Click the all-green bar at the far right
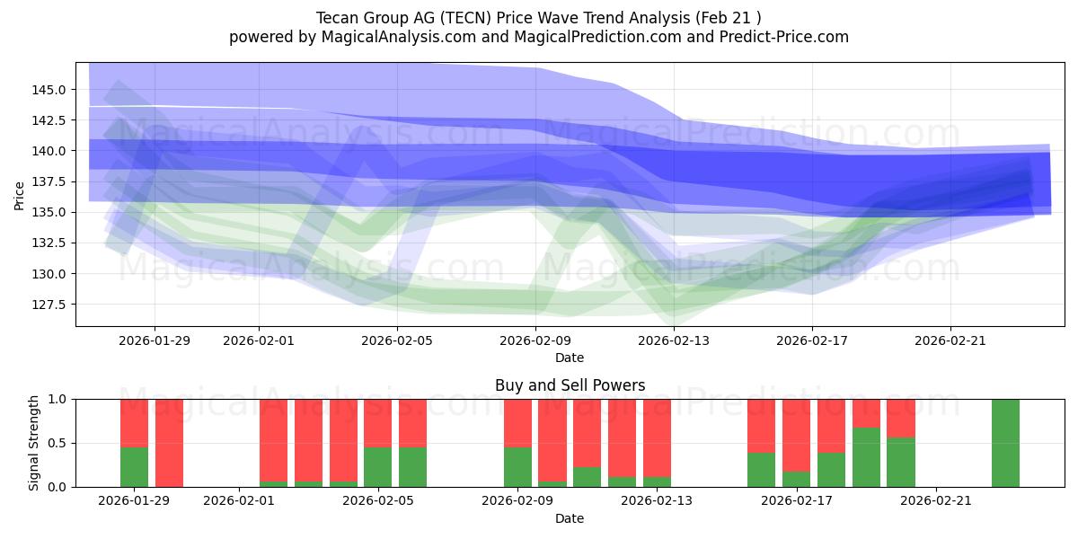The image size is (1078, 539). [1005, 443]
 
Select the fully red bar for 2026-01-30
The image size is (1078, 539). [169, 443]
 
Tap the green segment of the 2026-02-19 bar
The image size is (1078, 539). [866, 457]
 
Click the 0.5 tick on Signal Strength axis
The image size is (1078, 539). [58, 443]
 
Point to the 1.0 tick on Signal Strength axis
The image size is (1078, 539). [58, 399]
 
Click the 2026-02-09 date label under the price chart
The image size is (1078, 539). [535, 340]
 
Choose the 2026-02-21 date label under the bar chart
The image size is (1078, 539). [936, 500]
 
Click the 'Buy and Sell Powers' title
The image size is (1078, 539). [570, 385]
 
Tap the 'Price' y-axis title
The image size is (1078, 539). [20, 195]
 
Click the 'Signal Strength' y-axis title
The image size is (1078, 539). [33, 443]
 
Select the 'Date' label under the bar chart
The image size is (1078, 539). [570, 518]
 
